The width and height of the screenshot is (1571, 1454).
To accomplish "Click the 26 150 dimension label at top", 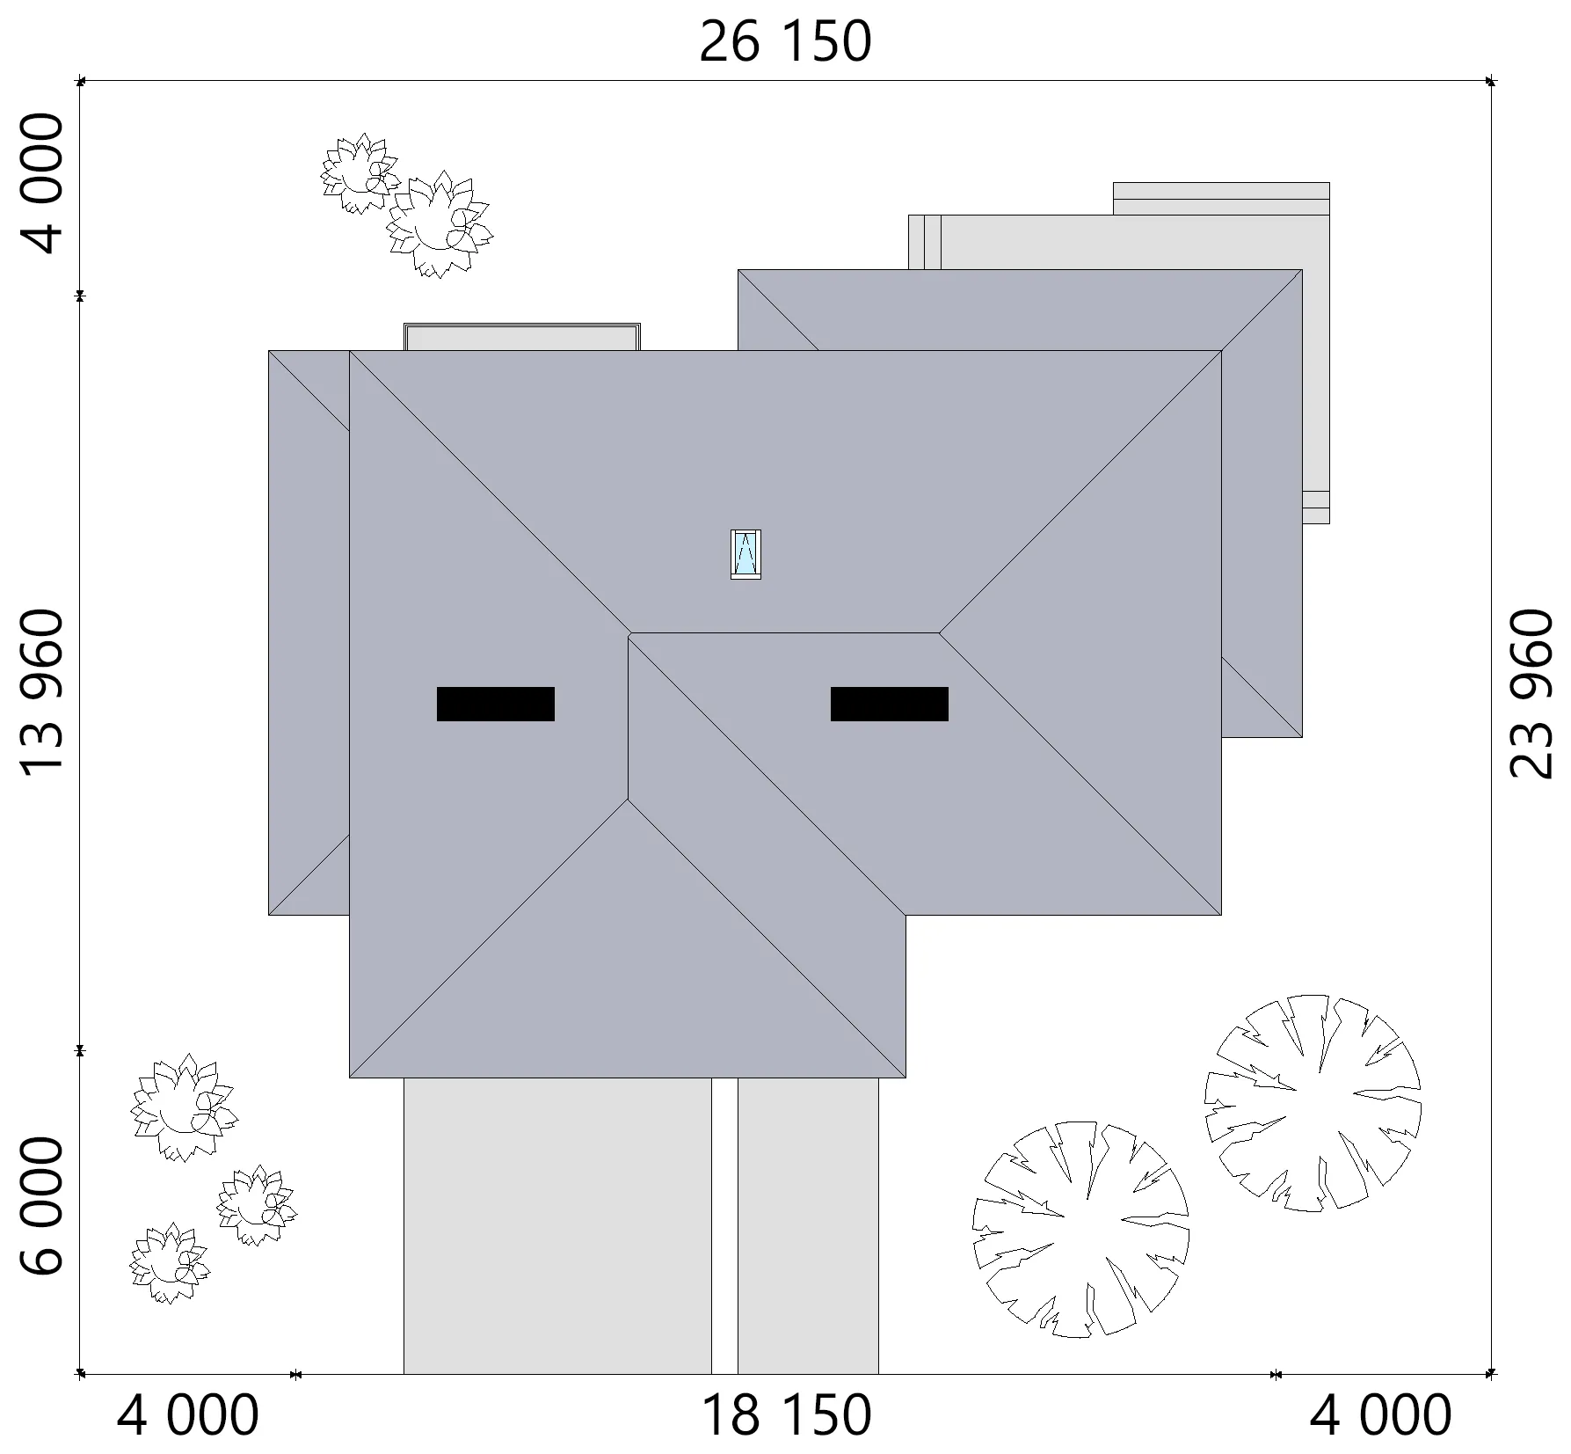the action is [x=785, y=41].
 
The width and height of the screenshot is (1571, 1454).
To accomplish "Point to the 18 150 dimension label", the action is [x=785, y=1415].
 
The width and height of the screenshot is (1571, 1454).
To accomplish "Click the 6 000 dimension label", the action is [x=42, y=1206].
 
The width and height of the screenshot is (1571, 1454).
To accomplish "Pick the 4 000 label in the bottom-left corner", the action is [x=188, y=1415].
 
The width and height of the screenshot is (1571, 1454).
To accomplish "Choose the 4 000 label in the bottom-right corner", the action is [x=1381, y=1415].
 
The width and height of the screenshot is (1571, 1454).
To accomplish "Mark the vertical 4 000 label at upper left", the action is [x=42, y=184].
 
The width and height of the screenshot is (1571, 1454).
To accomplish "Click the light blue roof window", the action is [x=745, y=554].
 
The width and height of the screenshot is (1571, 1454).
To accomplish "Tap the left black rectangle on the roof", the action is [x=496, y=704].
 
